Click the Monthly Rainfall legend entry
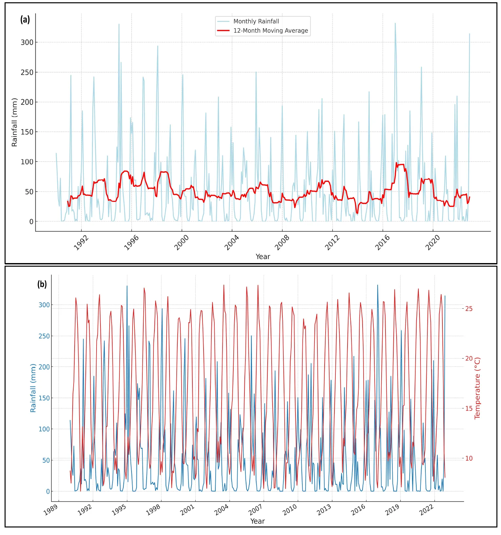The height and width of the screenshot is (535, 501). [x=256, y=22]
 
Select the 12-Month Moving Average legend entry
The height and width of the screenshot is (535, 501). [x=270, y=31]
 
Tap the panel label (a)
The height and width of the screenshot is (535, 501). [x=25, y=20]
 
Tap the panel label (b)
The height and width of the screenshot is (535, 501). [x=42, y=284]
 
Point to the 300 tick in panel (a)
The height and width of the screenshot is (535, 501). [x=27, y=43]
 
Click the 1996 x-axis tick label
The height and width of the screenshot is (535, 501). [x=131, y=243]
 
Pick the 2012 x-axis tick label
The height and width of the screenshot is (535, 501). [x=332, y=243]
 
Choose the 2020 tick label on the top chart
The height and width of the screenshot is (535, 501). [x=432, y=243]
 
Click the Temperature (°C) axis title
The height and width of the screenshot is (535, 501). [x=477, y=388]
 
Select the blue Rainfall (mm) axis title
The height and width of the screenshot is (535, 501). [x=33, y=388]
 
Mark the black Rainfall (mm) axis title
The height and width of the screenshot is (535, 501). [x=14, y=122]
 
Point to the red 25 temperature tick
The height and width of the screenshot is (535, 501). [x=469, y=309]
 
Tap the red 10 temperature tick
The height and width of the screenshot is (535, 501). [x=469, y=458]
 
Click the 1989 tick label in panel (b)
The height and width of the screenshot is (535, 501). [x=50, y=510]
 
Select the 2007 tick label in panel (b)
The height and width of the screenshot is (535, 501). [x=256, y=510]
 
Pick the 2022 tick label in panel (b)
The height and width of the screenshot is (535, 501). [x=426, y=510]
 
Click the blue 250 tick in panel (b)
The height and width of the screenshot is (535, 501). [x=44, y=336]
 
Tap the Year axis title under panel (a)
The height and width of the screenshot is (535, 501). [x=263, y=257]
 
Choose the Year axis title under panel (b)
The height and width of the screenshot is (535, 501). [x=258, y=521]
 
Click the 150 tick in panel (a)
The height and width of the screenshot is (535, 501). [x=27, y=132]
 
